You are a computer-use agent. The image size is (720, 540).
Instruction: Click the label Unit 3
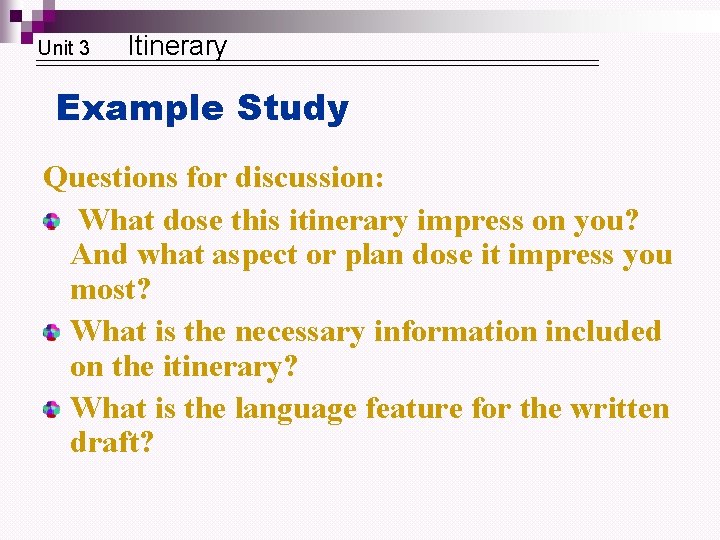(63, 48)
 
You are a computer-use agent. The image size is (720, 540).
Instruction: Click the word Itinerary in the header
(178, 46)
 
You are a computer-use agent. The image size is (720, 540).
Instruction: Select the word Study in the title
(293, 108)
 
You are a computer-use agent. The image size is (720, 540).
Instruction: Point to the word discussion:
(309, 178)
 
